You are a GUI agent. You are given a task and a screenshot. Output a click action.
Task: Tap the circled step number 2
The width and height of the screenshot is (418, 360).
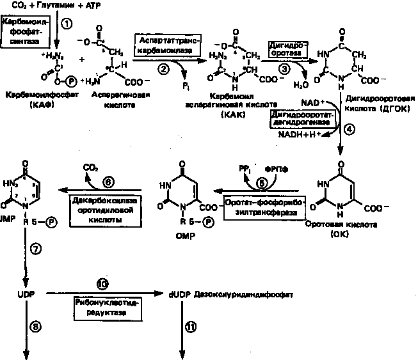tap(164, 68)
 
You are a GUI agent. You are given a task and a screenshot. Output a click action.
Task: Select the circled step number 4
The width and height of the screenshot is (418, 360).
tap(350, 127)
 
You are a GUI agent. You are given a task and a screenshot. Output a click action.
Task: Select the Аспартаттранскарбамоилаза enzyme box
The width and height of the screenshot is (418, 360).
tap(170, 45)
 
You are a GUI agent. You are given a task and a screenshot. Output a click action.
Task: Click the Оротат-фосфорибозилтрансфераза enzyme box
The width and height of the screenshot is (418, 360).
tap(264, 207)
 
